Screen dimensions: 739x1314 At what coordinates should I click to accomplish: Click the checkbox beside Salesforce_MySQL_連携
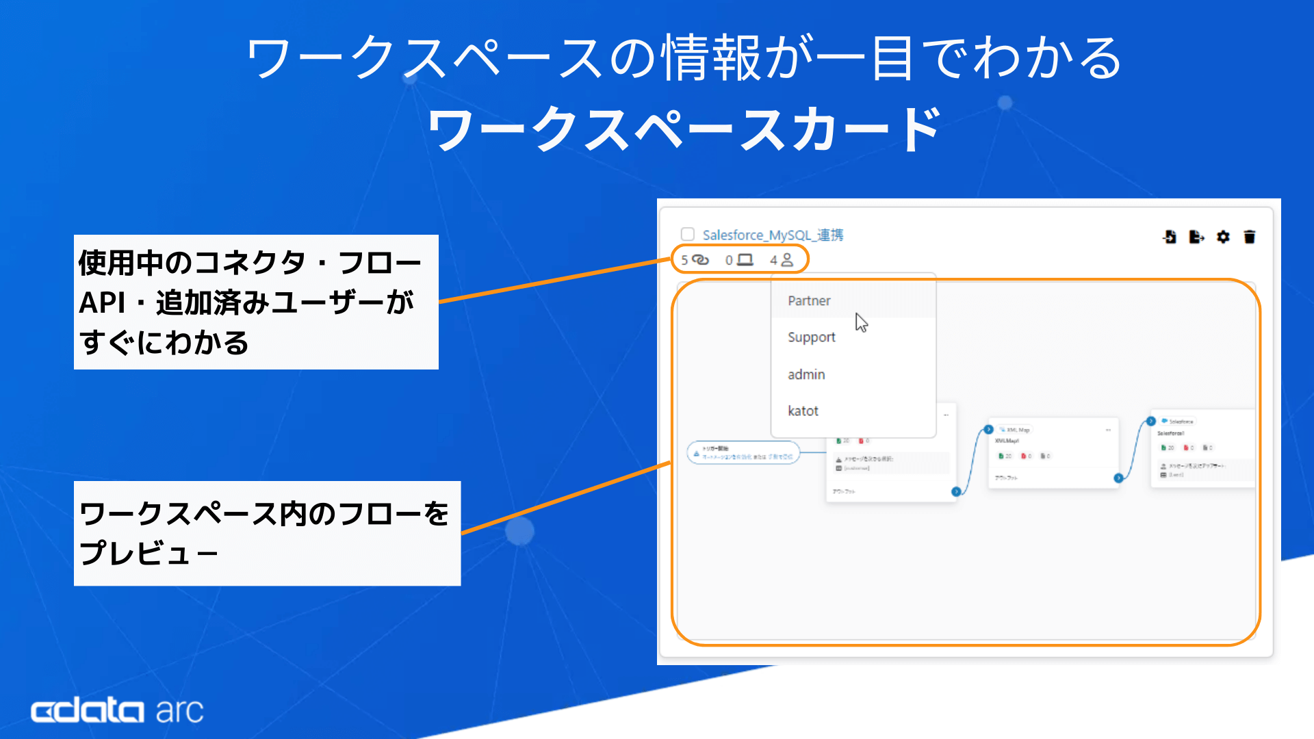point(688,234)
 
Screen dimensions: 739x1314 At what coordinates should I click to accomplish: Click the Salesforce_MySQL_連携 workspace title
point(773,235)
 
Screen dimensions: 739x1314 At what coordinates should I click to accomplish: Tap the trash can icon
point(1250,237)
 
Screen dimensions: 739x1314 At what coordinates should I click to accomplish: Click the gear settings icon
point(1223,237)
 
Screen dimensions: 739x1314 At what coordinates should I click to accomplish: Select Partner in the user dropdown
point(809,301)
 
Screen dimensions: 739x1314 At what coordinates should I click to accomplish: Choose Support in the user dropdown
point(811,337)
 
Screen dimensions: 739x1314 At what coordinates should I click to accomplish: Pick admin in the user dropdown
point(806,375)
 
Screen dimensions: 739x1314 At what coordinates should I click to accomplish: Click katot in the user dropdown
point(803,411)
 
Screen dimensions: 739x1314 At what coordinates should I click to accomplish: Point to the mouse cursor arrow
point(860,322)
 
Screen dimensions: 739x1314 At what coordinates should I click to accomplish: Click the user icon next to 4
point(787,260)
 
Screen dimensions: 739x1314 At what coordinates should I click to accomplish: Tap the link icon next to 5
point(700,260)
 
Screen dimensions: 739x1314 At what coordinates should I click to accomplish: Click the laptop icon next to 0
point(745,260)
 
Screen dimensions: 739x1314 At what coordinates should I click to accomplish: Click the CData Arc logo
point(117,711)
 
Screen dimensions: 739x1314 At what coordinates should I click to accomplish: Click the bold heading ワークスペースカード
point(684,129)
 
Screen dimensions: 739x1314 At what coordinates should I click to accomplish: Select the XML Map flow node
point(1053,452)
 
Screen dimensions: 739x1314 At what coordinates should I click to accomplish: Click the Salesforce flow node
point(1202,448)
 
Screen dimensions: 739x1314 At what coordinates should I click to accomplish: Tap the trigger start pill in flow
point(743,453)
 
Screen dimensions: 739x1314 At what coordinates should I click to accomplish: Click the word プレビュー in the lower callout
point(149,553)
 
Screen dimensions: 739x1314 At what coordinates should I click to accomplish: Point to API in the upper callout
point(102,302)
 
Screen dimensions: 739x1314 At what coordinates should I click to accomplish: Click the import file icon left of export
point(1170,237)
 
